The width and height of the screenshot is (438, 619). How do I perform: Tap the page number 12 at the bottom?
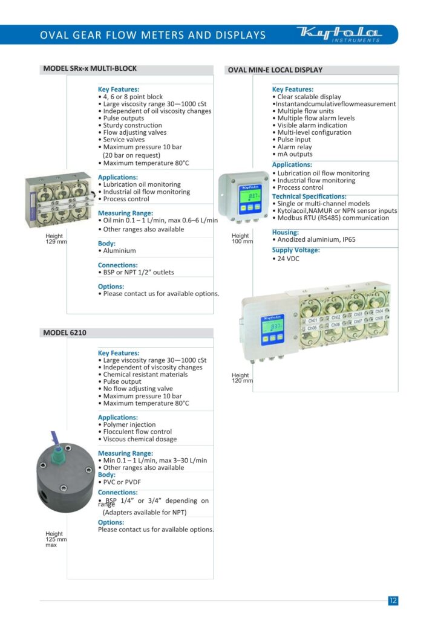tap(393, 600)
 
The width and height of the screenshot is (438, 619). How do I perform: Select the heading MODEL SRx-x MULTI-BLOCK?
tap(90, 69)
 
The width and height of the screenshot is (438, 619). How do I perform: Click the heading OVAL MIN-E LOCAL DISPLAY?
tap(275, 70)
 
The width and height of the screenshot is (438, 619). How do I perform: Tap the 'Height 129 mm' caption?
tap(56, 239)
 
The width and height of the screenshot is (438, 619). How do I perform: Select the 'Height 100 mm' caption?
tap(242, 238)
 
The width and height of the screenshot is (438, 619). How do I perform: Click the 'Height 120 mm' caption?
tap(242, 378)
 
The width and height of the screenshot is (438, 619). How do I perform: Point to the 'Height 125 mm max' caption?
tap(56, 539)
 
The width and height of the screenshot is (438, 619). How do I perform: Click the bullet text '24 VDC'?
tap(287, 259)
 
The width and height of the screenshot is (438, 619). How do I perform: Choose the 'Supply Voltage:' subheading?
tap(296, 250)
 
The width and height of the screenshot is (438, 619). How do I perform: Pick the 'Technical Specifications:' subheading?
tap(309, 196)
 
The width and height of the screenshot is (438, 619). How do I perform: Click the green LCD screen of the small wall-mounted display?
tap(249, 196)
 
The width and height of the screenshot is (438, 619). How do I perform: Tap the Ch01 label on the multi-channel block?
tap(313, 320)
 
